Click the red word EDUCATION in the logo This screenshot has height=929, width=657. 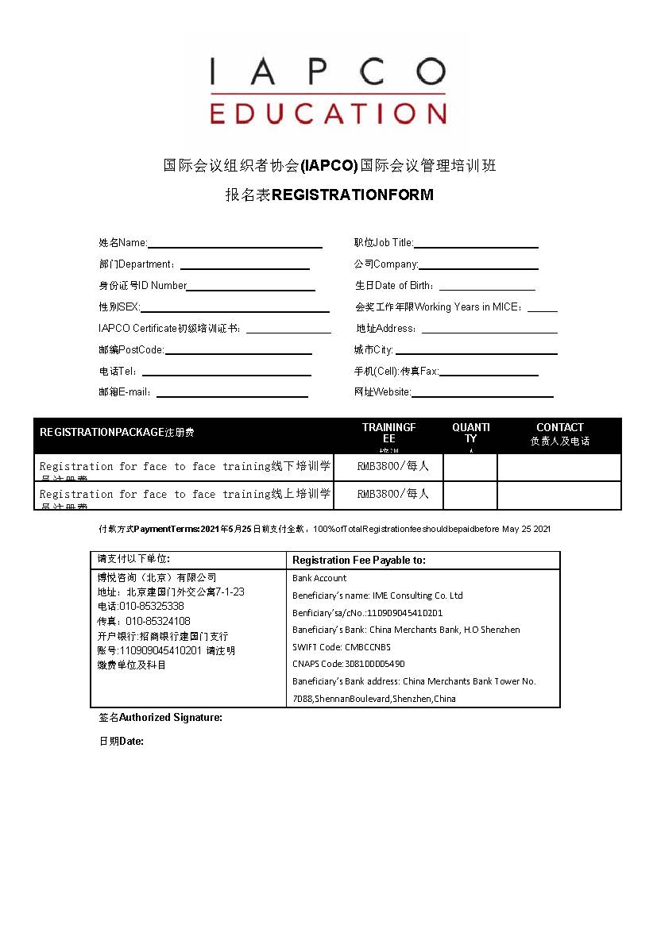[327, 113]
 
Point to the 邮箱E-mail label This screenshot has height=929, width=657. [126, 392]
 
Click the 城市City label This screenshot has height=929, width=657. [373, 350]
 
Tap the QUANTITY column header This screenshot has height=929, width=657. [470, 433]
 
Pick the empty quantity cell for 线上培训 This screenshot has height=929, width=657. [470, 495]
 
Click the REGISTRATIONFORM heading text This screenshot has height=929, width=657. [353, 195]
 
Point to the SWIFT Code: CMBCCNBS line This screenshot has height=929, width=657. [342, 646]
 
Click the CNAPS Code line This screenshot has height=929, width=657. [348, 664]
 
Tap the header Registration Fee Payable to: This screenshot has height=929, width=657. [359, 560]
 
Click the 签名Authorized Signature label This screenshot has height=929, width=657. [160, 718]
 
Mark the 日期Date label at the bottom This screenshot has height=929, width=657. [121, 742]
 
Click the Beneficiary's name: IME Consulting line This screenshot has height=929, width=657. [377, 596]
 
